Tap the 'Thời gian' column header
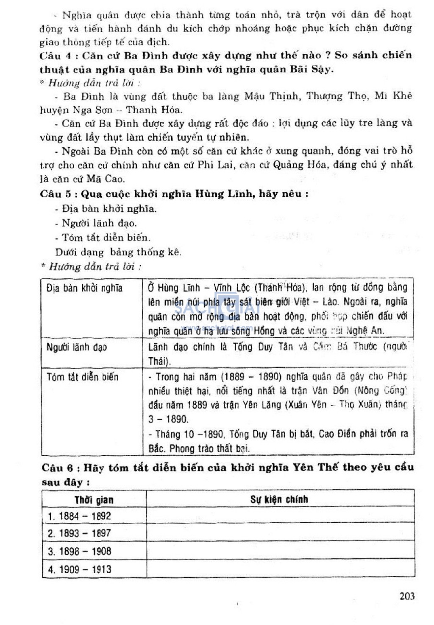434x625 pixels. tap(94, 500)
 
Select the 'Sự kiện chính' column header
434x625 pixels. tap(279, 499)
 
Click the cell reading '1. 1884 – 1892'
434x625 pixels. tap(79, 516)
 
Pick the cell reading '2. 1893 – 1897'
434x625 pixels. tap(79, 533)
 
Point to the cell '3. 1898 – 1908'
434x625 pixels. tap(79, 551)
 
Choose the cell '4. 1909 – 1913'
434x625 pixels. tap(79, 569)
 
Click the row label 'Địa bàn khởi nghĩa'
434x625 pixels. tap(84, 289)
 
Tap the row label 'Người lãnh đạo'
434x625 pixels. tap(77, 348)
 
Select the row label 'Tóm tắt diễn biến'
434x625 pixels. tap(83, 377)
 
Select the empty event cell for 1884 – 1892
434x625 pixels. tap(280, 516)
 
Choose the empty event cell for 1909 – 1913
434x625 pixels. tap(280, 569)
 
